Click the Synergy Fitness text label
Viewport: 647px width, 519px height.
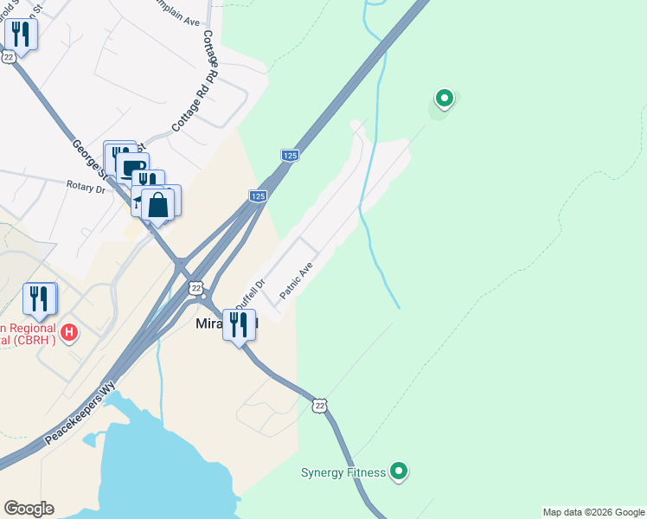tap(343, 472)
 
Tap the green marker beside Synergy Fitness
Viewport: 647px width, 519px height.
tap(398, 471)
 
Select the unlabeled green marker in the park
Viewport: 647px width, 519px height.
tap(444, 98)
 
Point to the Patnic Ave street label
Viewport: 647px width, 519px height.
tap(296, 281)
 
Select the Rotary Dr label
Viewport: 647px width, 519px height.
tap(86, 186)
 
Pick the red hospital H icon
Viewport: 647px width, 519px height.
tap(70, 331)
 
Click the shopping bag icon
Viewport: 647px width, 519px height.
tap(158, 205)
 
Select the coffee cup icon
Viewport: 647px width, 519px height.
tap(132, 167)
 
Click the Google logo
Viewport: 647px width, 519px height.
tap(29, 509)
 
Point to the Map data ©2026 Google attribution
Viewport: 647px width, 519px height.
tap(593, 512)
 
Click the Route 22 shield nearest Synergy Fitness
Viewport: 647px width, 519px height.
tap(320, 405)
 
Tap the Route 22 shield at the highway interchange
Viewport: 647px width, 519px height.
tap(196, 287)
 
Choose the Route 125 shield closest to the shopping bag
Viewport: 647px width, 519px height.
tap(258, 196)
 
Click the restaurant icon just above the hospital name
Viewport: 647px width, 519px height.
tap(40, 298)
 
